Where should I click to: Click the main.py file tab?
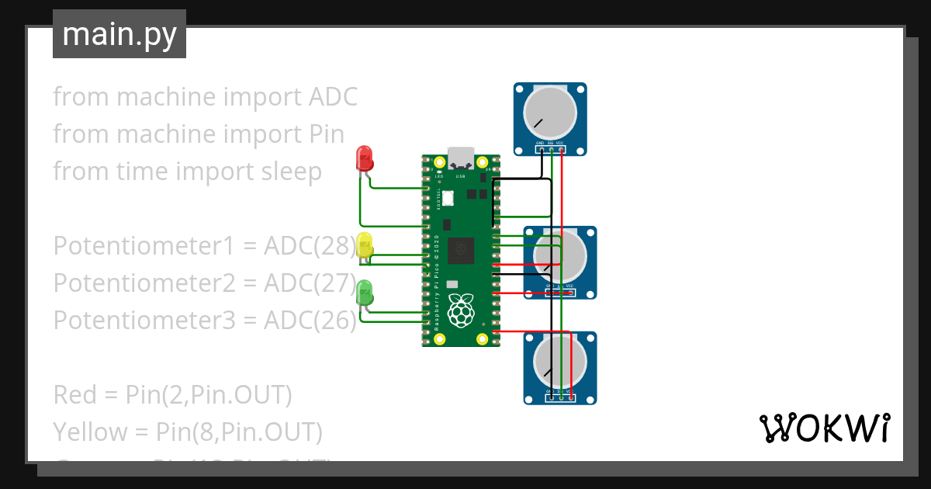click(119, 34)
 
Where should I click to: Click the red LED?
click(363, 158)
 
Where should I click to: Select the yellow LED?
click(364, 246)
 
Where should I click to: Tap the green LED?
click(364, 293)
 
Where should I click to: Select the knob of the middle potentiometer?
click(560, 255)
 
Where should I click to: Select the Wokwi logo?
click(824, 428)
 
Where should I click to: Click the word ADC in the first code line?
click(333, 97)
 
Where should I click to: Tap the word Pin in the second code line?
click(321, 134)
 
